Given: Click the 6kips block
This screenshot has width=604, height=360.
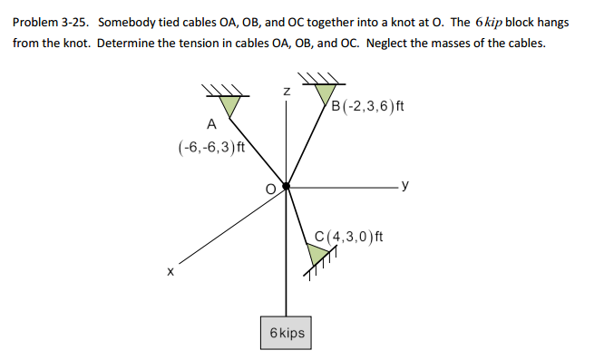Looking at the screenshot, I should pyautogui.click(x=287, y=333).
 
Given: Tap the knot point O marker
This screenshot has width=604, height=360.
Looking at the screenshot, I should pyautogui.click(x=287, y=186).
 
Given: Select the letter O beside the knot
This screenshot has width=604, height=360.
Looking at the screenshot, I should pyautogui.click(x=269, y=189).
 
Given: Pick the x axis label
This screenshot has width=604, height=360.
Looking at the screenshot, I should pyautogui.click(x=169, y=269).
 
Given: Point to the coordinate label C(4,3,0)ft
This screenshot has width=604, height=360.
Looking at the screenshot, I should pyautogui.click(x=349, y=238).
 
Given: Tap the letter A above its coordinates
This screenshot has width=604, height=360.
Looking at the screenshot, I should pyautogui.click(x=211, y=123).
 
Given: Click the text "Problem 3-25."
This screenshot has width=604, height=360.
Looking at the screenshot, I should pyautogui.click(x=52, y=22).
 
